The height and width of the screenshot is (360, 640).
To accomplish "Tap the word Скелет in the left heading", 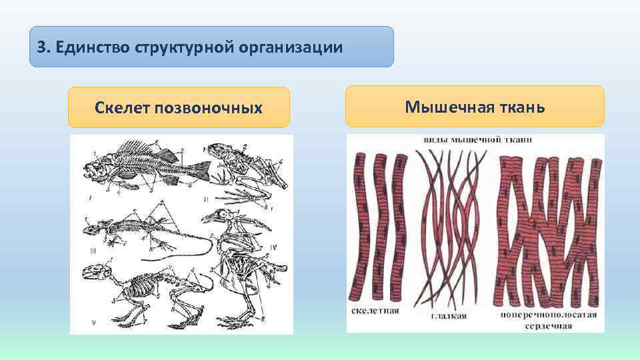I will pyautogui.click(x=122, y=107).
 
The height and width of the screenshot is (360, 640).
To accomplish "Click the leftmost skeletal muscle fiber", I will pyautogui.click(x=360, y=227).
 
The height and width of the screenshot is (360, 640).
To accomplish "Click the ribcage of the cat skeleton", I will pyautogui.click(x=141, y=289).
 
